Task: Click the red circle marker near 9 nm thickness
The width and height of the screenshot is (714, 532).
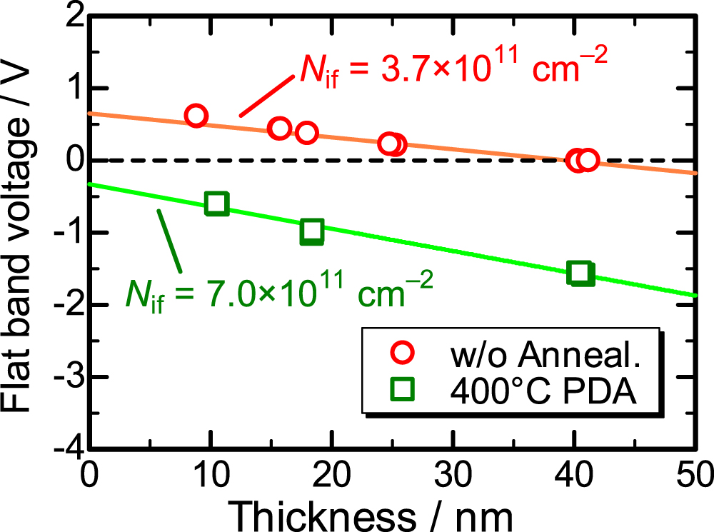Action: coord(196,116)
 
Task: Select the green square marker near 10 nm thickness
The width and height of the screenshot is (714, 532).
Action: coord(216,204)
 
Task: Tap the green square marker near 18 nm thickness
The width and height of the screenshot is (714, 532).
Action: coord(312,231)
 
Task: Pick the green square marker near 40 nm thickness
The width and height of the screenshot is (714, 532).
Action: coord(580,273)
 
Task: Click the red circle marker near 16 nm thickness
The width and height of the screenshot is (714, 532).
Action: coord(281,128)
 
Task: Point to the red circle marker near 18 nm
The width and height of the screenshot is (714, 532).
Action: coord(306,132)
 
